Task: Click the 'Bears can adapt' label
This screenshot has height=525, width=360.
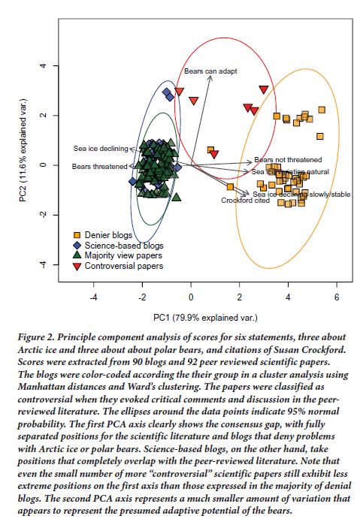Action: point(210,71)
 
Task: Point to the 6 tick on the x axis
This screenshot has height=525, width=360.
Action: point(337,297)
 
